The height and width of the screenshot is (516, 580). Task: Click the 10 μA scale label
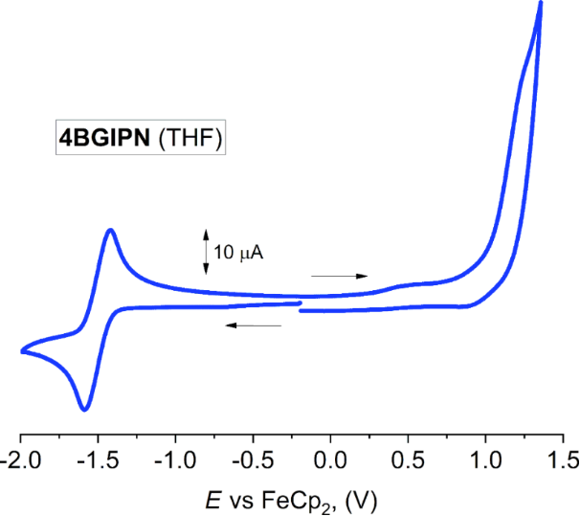coord(238,254)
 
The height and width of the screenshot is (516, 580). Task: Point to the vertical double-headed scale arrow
coord(205,251)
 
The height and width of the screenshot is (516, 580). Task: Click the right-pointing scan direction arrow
coord(340,276)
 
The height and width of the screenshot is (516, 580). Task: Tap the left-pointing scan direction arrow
coord(254,325)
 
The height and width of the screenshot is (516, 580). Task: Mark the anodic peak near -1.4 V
coord(111,230)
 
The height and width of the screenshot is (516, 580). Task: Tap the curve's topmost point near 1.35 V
coord(540,3)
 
